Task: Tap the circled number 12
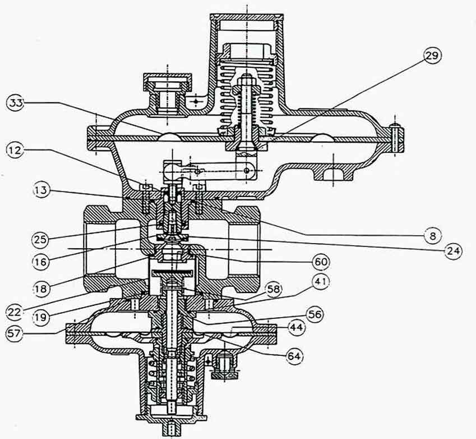(14, 150)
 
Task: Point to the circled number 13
(41, 191)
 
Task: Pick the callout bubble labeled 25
(40, 240)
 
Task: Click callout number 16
(40, 261)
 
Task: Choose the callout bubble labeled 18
(40, 288)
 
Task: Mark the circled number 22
(14, 312)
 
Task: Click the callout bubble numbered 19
(40, 317)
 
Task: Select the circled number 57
(14, 333)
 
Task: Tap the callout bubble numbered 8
(433, 236)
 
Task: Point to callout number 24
(453, 251)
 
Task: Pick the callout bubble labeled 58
(273, 289)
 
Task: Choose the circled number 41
(321, 282)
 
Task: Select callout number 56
(314, 314)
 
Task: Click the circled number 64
(294, 356)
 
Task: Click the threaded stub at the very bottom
(172, 429)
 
